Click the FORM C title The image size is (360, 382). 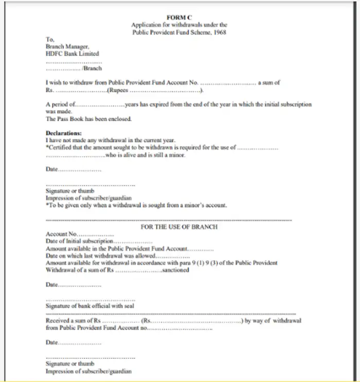click(x=179, y=17)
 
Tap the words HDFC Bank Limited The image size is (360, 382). click(x=72, y=53)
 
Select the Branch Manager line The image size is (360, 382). click(x=67, y=46)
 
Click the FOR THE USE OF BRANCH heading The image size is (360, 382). click(x=179, y=227)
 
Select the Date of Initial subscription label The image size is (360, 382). click(x=79, y=241)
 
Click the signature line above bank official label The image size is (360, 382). click(x=91, y=300)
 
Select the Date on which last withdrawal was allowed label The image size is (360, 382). click(x=100, y=256)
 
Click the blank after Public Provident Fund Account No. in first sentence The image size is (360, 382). click(x=228, y=83)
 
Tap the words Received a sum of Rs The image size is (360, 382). click(x=73, y=320)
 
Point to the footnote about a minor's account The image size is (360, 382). click(x=136, y=205)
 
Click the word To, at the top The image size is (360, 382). click(x=50, y=39)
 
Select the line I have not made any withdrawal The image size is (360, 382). click(x=111, y=140)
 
